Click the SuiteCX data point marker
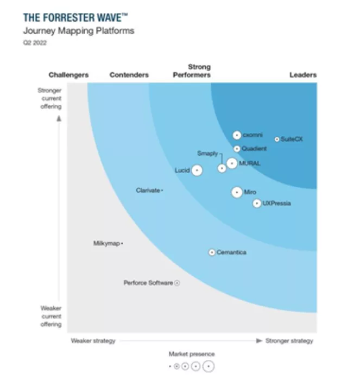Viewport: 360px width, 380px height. point(277,139)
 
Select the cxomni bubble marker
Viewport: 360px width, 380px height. point(237,135)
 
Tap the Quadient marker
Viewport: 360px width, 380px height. point(237,149)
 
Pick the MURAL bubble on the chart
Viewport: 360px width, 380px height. point(232,163)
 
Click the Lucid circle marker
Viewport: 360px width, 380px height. point(197,170)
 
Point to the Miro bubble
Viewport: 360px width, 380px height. point(237,192)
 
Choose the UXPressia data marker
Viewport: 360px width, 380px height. point(257,204)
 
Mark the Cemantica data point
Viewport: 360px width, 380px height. point(212,252)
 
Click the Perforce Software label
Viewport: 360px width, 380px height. point(148,283)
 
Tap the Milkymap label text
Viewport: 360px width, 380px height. point(106,244)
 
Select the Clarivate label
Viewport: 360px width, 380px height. point(148,190)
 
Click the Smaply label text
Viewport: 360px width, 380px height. point(207,154)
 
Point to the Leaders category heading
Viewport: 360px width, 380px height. point(303,75)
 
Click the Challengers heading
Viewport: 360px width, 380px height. point(68,75)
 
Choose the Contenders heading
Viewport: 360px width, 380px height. point(129,75)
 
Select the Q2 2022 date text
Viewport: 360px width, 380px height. point(35,43)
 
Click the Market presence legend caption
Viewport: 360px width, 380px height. point(192,354)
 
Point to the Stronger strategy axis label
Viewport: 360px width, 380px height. point(289,341)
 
